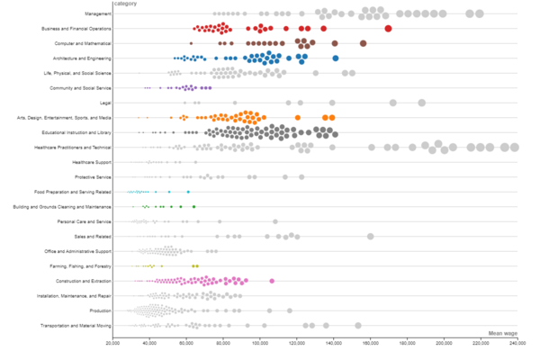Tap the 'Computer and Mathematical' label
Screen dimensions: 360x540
click(83, 43)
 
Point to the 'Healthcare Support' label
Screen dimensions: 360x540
click(93, 162)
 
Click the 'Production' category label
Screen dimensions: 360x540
click(101, 310)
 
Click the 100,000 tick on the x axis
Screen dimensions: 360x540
click(260, 342)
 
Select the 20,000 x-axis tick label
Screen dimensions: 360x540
click(112, 342)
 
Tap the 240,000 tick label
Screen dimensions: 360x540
click(517, 342)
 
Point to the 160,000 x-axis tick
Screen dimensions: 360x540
click(371, 342)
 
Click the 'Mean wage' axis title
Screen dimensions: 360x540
click(502, 333)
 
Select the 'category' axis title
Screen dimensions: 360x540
click(125, 5)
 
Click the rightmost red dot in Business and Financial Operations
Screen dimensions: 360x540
click(388, 29)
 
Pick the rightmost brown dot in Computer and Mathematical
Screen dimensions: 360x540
click(364, 43)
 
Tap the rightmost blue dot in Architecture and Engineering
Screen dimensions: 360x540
click(336, 58)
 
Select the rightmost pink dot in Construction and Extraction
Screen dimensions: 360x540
click(272, 281)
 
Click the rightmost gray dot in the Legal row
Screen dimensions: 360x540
click(421, 103)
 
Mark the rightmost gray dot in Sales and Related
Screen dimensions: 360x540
click(371, 236)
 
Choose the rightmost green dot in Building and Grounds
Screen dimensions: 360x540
click(193, 207)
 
